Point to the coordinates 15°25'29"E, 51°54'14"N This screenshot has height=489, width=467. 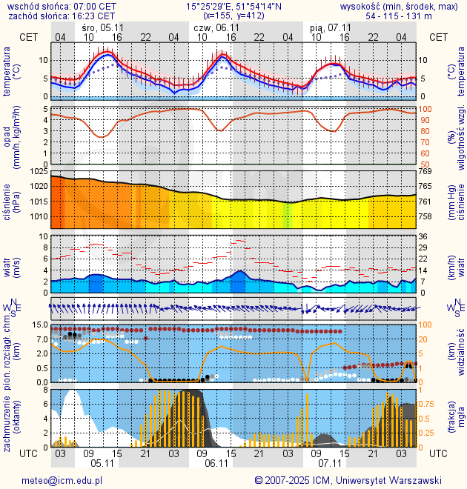click(233, 6)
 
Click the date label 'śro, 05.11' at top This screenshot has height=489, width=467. click(102, 27)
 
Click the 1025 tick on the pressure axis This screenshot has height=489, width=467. click(39, 172)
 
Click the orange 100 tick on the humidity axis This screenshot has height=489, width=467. click(425, 109)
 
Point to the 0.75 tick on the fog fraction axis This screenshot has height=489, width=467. click(427, 404)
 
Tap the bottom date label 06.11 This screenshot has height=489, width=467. click(216, 463)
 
